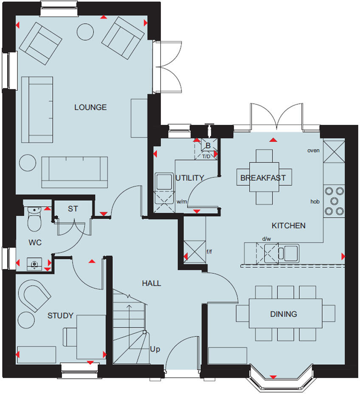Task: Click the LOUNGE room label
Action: (90, 107)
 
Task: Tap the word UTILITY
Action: (190, 178)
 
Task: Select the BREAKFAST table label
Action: (263, 178)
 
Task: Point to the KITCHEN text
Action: (289, 225)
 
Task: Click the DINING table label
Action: (284, 314)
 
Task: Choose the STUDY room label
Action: (60, 316)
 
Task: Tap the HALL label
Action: (152, 283)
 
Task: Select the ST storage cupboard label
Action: (73, 209)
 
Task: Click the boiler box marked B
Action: (208, 146)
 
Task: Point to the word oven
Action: (314, 150)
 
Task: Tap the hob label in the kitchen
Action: (315, 202)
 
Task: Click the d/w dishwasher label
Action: (267, 239)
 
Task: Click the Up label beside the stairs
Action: (155, 349)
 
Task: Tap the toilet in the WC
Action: (33, 218)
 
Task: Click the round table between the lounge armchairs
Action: (85, 31)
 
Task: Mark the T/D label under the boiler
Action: (206, 157)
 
